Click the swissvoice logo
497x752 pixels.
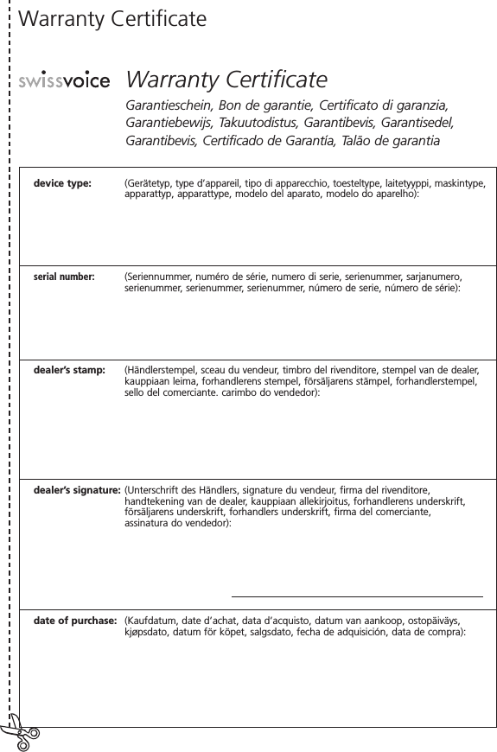[x=64, y=81]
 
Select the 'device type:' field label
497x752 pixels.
[x=62, y=183]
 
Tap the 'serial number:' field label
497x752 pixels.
[x=64, y=277]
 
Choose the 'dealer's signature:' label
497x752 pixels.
[x=77, y=489]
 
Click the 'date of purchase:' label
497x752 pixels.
[x=75, y=621]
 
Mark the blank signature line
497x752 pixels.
[x=357, y=596]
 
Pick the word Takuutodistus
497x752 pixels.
[x=275, y=123]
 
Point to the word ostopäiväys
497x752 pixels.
[x=433, y=621]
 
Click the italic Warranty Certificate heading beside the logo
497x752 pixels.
[x=226, y=80]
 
